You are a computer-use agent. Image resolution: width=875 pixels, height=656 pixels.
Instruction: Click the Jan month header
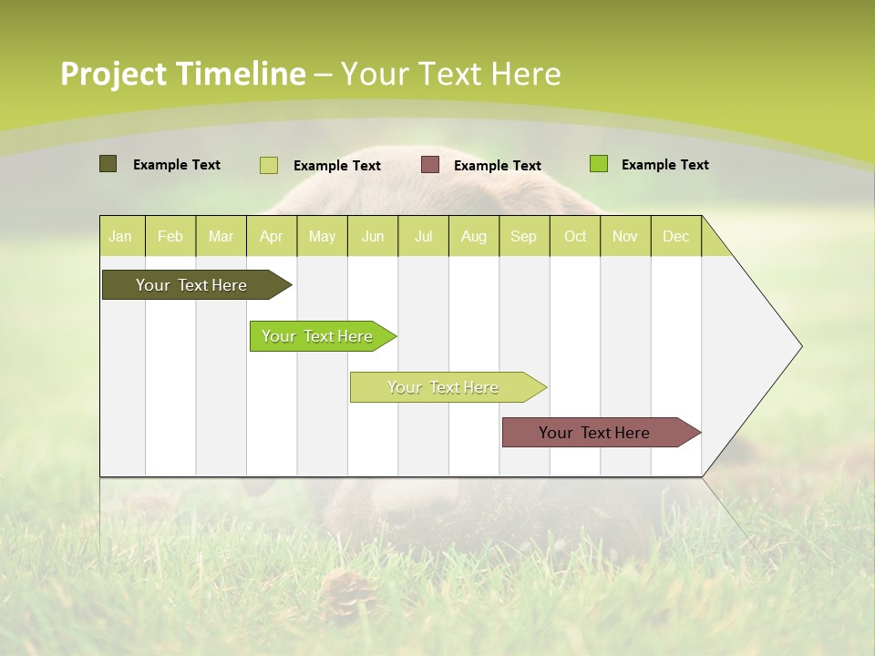click(x=120, y=236)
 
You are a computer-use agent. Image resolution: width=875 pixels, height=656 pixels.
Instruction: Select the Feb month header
click(x=170, y=236)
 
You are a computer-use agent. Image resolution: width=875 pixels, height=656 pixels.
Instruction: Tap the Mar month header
click(x=221, y=236)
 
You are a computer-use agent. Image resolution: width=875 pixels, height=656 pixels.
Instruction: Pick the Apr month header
click(x=271, y=236)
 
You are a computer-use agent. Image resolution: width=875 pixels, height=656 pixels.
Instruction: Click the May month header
click(x=322, y=236)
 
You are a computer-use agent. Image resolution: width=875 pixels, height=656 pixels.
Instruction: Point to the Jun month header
click(x=373, y=236)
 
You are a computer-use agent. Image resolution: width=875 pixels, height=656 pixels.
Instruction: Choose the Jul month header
click(x=423, y=236)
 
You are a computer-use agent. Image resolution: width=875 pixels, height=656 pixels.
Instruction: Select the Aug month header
click(x=473, y=236)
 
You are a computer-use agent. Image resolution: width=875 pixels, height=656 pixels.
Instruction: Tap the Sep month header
click(x=523, y=236)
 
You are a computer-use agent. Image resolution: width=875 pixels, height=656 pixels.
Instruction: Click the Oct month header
click(x=575, y=236)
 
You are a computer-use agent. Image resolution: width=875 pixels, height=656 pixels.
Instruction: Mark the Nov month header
click(x=625, y=236)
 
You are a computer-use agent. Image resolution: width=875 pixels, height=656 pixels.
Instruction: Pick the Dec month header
click(x=675, y=236)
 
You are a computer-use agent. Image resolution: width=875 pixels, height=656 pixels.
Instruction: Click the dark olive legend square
click(x=108, y=164)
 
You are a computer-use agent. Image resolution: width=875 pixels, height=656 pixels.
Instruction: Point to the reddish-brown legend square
click(x=430, y=164)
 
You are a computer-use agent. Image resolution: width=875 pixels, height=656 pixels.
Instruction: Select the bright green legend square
click(x=598, y=164)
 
